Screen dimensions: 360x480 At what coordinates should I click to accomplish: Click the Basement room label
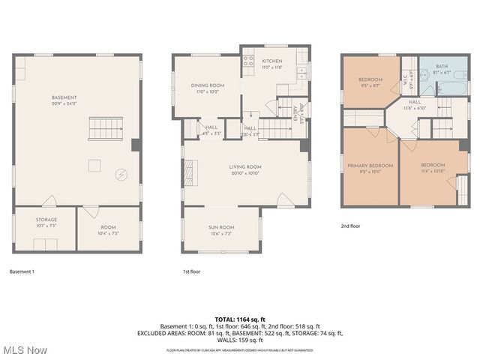64,97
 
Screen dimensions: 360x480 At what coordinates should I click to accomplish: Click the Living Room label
245,169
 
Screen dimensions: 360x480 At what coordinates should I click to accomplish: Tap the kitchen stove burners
248,62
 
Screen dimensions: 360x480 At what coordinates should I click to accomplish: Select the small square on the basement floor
95,164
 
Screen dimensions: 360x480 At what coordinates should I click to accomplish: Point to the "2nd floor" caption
350,226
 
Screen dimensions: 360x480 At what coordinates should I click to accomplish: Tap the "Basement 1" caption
22,271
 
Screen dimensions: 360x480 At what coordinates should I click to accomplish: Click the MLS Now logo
24,350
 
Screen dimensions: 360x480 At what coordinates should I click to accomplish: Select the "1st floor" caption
191,271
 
